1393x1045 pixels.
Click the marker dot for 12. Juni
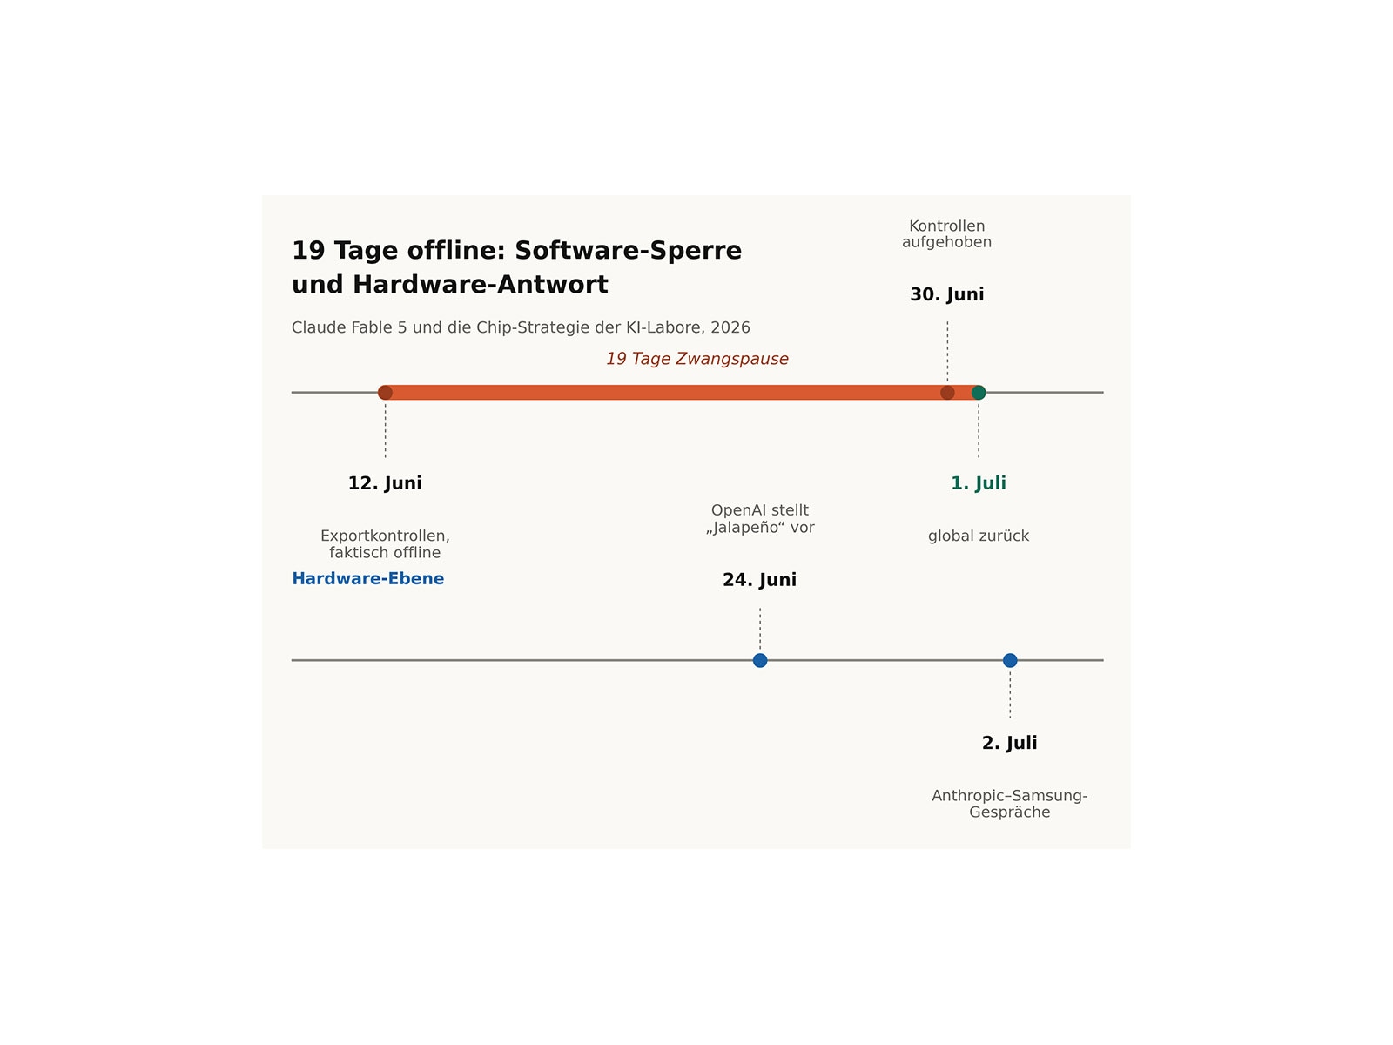385,393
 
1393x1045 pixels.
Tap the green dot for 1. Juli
979,393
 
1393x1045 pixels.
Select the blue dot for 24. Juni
760,660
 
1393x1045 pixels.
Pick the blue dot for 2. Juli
1010,660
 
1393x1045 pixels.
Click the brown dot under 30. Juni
947,393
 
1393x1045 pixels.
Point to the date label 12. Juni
385,482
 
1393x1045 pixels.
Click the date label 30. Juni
947,294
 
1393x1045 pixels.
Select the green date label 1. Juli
979,482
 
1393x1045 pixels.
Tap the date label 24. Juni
760,580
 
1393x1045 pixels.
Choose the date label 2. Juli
1010,743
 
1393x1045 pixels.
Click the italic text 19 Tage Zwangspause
697,359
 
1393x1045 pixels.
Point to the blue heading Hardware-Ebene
368,578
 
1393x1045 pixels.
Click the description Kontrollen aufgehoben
947,234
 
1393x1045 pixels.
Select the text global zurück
979,536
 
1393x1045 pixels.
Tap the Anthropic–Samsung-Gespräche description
1010,804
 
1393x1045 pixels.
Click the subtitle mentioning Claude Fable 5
521,328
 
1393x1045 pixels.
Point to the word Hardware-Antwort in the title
481,285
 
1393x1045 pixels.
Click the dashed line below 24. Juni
760,629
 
